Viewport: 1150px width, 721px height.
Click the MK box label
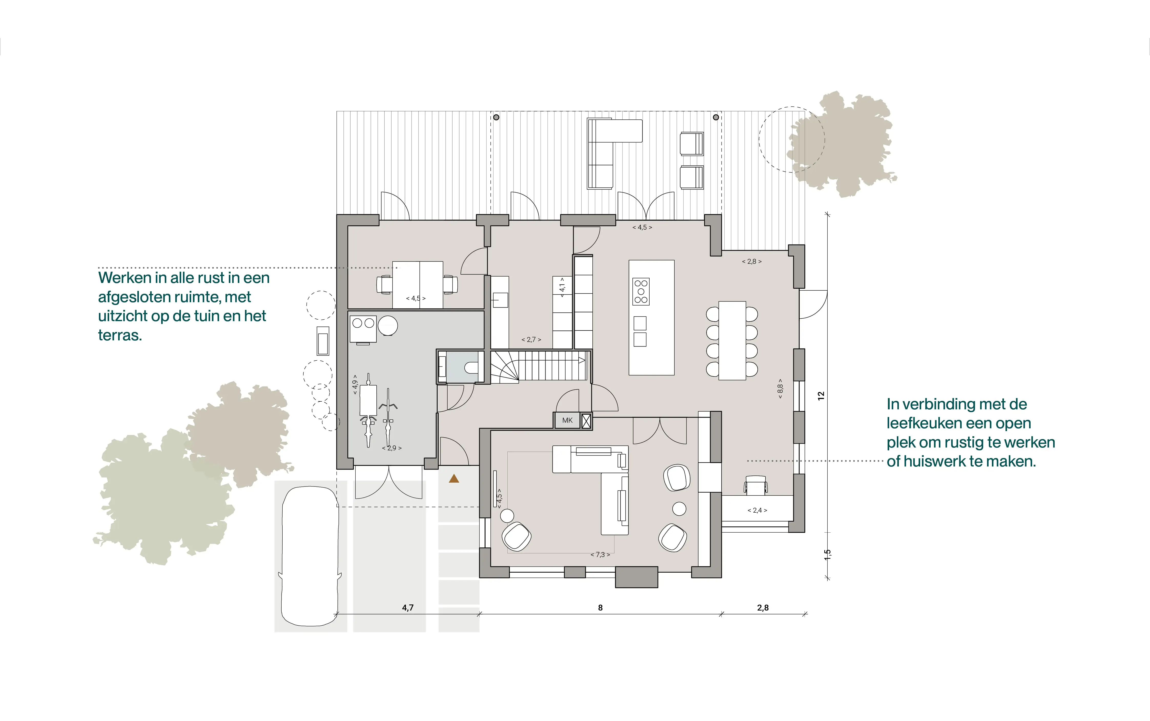567,420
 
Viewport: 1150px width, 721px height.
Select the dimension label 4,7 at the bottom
407,607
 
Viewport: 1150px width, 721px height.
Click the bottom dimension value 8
600,607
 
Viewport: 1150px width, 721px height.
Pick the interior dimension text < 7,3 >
600,555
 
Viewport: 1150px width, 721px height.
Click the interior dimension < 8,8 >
780,388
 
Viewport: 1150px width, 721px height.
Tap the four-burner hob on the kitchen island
641,291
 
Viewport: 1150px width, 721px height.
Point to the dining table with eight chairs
732,340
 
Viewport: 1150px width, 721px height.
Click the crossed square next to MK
586,421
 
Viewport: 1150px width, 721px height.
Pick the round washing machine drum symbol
388,326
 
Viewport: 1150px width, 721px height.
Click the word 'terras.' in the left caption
120,335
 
